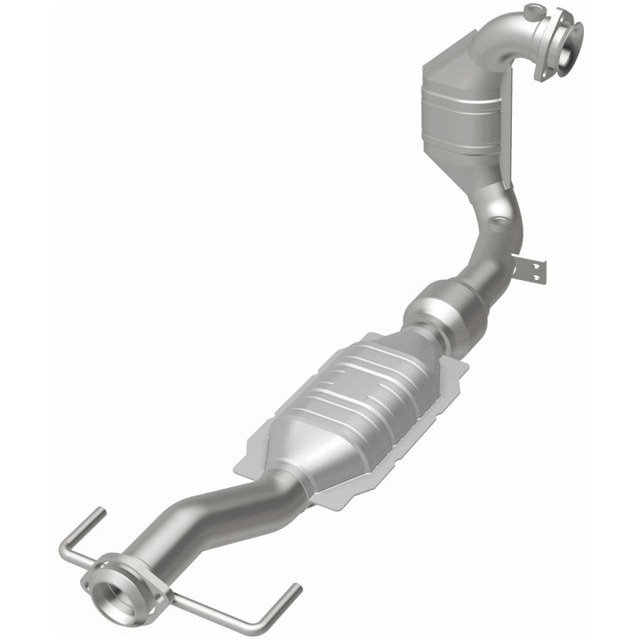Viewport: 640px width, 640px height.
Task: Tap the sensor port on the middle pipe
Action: (500, 213)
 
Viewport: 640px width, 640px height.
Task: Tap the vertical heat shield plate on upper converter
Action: (509, 133)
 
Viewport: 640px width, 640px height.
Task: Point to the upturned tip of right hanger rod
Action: (294, 591)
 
